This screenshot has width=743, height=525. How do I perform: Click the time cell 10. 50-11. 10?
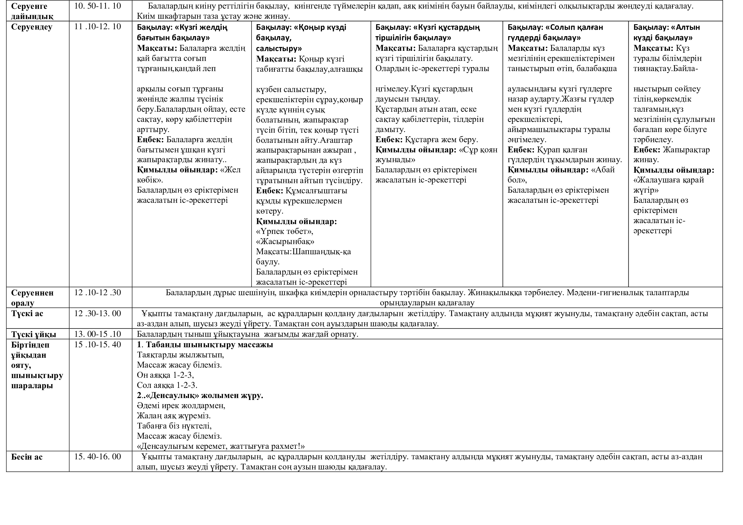(x=98, y=6)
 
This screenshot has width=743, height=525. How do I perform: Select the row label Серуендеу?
(x=31, y=27)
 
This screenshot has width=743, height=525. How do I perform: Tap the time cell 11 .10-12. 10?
(x=98, y=27)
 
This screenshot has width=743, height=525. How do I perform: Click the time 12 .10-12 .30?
(x=98, y=293)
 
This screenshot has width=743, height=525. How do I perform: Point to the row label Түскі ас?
(x=27, y=314)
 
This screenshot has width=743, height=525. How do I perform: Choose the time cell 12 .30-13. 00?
(x=98, y=314)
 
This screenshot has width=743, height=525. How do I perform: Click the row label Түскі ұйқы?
(x=33, y=334)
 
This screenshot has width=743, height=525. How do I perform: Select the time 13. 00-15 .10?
(x=98, y=334)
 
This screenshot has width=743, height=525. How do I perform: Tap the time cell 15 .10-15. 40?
(x=98, y=345)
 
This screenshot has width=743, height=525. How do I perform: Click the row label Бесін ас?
(x=27, y=457)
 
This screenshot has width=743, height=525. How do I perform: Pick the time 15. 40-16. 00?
(x=98, y=457)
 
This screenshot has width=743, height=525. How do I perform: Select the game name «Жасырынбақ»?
(x=285, y=242)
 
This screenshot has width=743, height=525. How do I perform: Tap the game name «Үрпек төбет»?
(x=284, y=231)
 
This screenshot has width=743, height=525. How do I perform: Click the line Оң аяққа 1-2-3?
(x=165, y=375)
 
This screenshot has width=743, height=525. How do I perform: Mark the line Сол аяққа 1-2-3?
(x=167, y=385)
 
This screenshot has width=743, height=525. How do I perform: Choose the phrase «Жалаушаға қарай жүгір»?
(x=669, y=185)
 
